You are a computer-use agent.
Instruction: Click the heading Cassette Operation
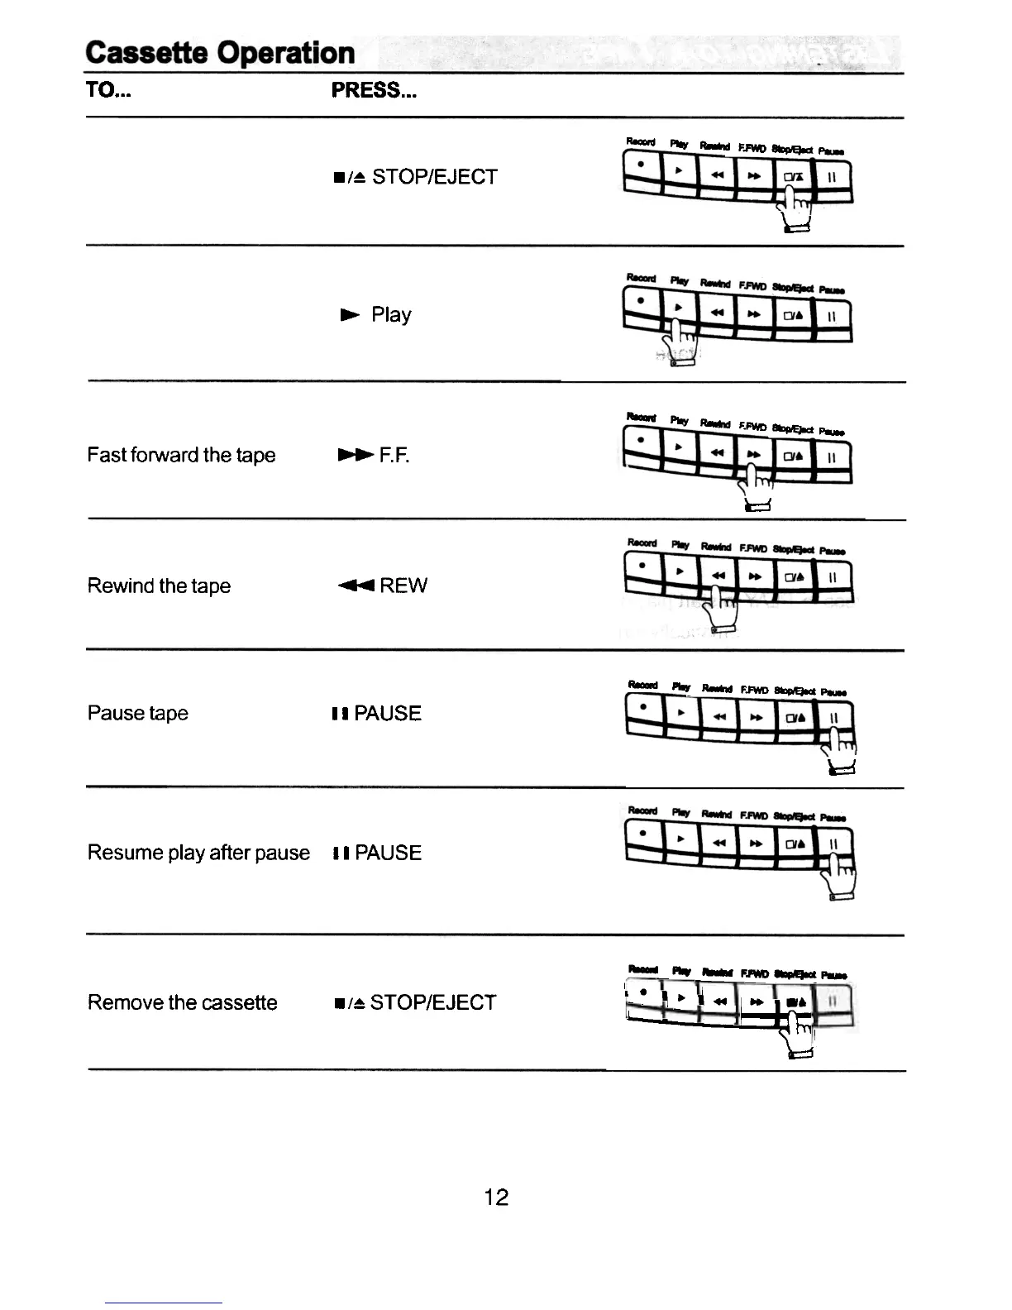coord(220,53)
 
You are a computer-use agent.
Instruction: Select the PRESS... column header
coord(374,90)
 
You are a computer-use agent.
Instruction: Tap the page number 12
coord(496,1197)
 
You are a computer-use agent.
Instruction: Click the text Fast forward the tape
coord(181,455)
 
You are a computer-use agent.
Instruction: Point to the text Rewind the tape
coord(159,586)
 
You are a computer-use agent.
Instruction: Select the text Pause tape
coord(137,713)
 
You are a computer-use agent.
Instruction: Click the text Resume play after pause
coord(198,853)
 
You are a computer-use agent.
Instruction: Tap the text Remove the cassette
coord(182,1002)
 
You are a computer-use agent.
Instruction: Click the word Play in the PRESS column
coord(390,314)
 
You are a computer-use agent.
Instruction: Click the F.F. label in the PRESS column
coord(394,455)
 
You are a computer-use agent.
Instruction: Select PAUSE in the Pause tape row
coord(387,713)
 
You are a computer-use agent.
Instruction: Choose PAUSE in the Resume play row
coord(387,853)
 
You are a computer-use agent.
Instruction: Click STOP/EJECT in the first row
coord(434,176)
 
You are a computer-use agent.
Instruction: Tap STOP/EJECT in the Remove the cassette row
coord(432,1002)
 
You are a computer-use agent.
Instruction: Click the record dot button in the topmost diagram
coord(642,168)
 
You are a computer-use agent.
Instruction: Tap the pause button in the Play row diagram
coord(833,315)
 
